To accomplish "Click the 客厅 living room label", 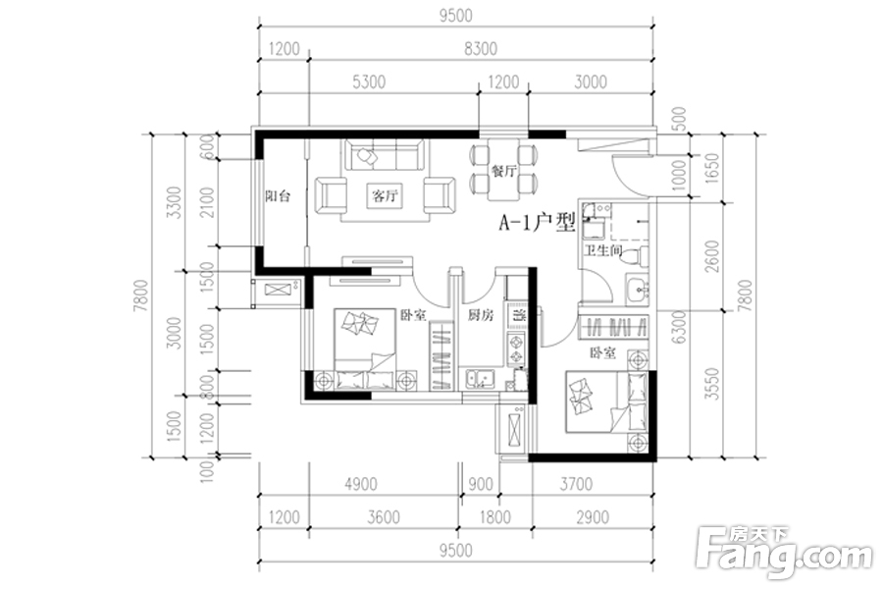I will click(385, 195).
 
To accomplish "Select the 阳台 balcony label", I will click(278, 195).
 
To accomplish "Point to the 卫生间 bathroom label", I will click(603, 251).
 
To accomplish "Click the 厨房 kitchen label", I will click(479, 316).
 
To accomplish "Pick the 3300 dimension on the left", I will click(175, 209).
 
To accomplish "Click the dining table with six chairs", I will click(504, 169).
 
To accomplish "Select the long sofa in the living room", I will click(384, 154).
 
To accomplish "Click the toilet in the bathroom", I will click(637, 256).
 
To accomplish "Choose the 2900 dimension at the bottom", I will click(593, 517).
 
